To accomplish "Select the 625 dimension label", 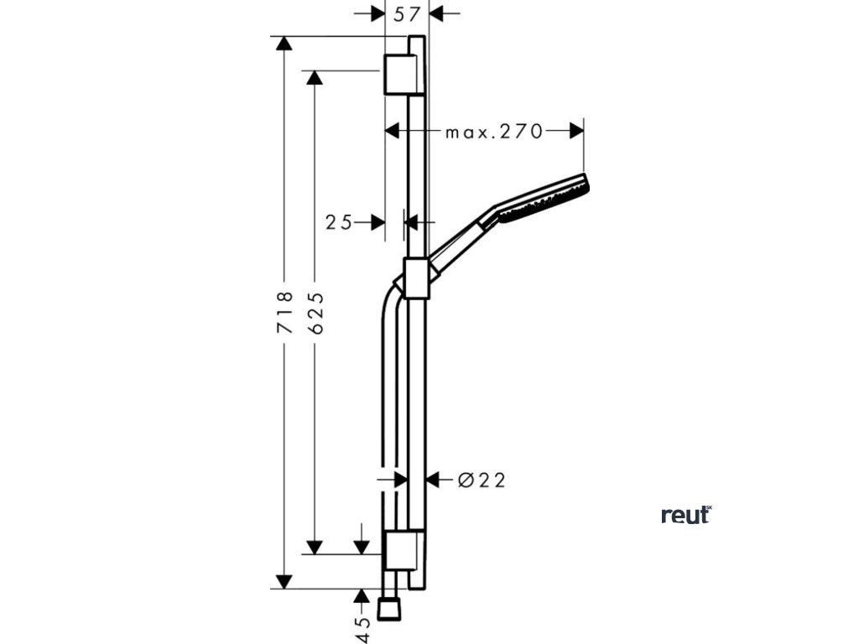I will pyautogui.click(x=315, y=313).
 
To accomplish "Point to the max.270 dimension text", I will pyautogui.click(x=493, y=131).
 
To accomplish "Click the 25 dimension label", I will pyautogui.click(x=339, y=222).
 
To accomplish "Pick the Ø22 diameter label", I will pyautogui.click(x=482, y=480).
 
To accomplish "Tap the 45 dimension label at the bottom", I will pyautogui.click(x=362, y=630).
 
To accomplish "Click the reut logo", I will pyautogui.click(x=685, y=515).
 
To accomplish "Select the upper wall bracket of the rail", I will pyautogui.click(x=400, y=75).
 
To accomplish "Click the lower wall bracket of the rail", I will pyautogui.click(x=400, y=550).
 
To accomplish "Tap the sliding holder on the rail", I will pyautogui.click(x=416, y=278).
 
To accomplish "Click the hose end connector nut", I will pyautogui.click(x=388, y=609).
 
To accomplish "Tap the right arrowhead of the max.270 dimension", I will pyautogui.click(x=576, y=131).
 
